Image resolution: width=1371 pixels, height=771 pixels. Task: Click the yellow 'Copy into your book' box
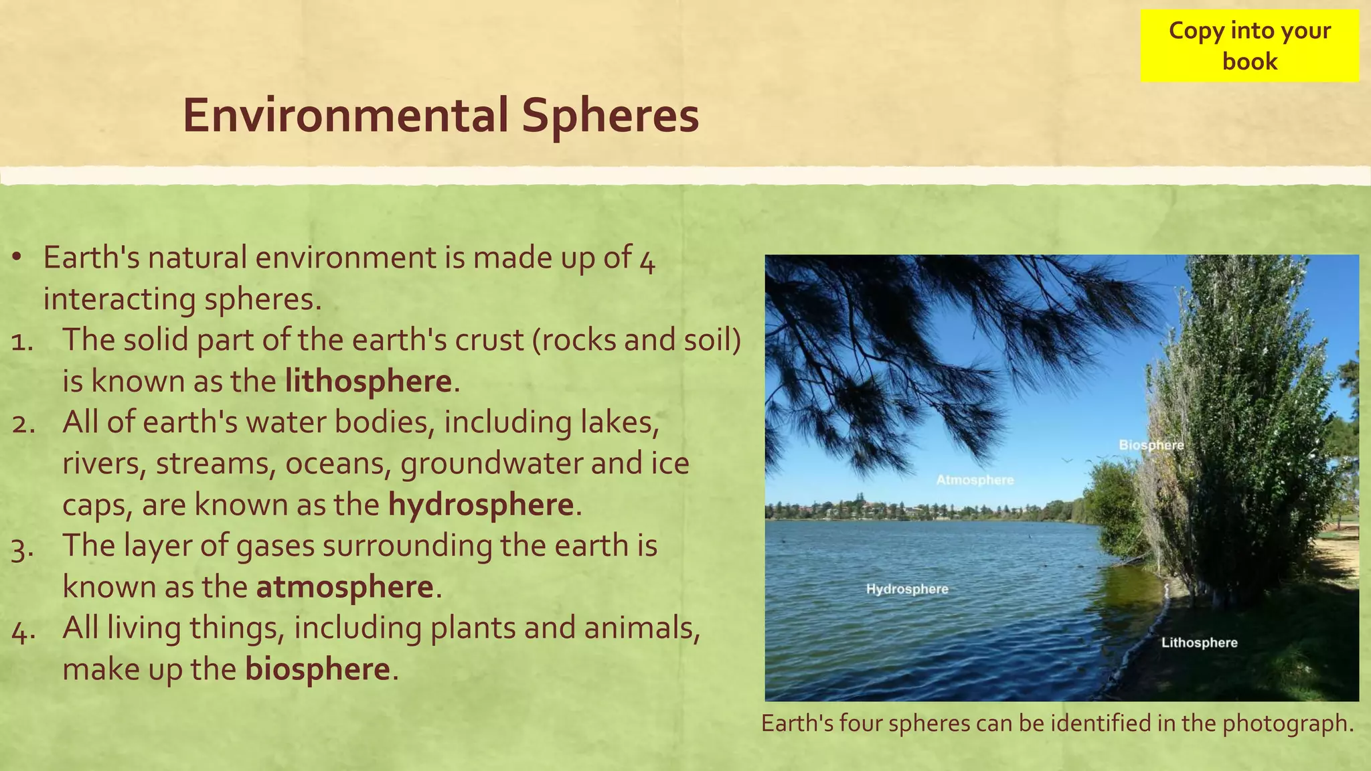click(1249, 46)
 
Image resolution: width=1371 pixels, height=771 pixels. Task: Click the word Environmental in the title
click(345, 115)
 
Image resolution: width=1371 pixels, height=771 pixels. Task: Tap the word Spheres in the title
click(610, 115)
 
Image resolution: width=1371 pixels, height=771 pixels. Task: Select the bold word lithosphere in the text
click(368, 381)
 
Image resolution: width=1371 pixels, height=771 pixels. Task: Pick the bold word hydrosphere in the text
click(481, 505)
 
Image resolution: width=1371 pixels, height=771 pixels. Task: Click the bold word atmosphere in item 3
click(345, 587)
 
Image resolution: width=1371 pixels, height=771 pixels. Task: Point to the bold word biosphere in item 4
click(317, 669)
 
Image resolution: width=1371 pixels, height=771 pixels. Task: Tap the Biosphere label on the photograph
click(1151, 445)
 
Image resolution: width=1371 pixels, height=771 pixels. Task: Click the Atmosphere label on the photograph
click(975, 480)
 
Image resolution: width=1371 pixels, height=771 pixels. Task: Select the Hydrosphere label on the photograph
click(907, 589)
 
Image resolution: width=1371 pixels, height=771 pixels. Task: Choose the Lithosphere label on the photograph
click(1199, 642)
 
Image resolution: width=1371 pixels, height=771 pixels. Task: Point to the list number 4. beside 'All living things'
click(23, 630)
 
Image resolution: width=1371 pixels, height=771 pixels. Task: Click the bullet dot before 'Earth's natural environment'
click(17, 258)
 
